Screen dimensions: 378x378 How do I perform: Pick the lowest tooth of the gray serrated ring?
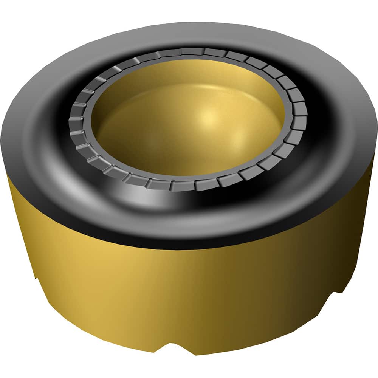pyautogui.click(x=183, y=186)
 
